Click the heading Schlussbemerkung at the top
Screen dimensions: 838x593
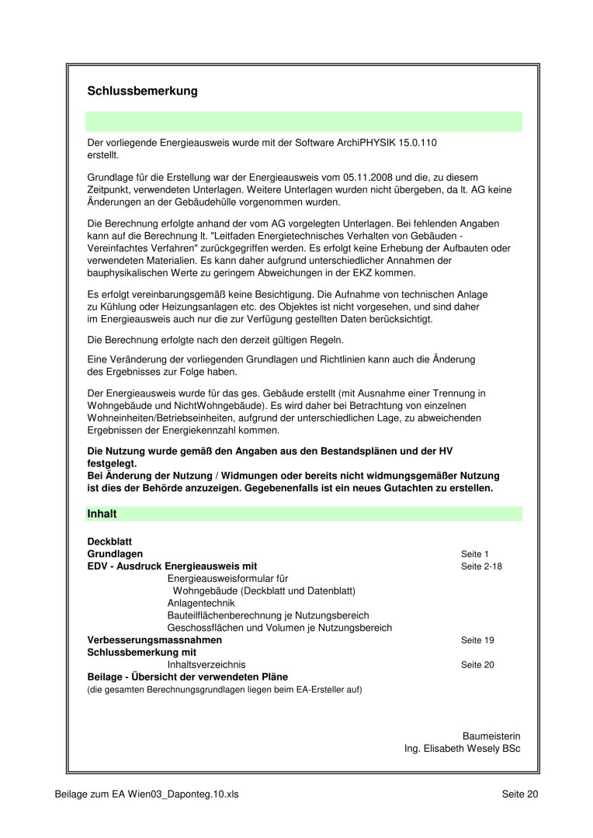[143, 92]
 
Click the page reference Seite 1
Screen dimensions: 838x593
[475, 554]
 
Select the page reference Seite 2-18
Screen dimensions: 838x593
[481, 566]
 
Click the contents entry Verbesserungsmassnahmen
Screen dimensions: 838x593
[154, 639]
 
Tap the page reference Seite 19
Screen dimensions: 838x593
[477, 640]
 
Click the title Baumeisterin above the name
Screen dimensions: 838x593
[491, 736]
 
